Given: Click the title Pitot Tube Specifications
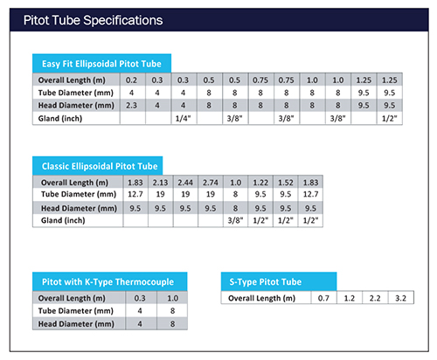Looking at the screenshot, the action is pyautogui.click(x=93, y=20).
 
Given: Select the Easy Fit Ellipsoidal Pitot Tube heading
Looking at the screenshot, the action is pyautogui.click(x=101, y=64).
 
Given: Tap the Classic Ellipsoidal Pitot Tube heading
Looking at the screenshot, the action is pyautogui.click(x=100, y=166).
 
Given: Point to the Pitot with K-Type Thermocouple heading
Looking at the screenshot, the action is pyautogui.click(x=108, y=282).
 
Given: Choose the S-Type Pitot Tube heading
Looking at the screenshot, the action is pyautogui.click(x=266, y=282).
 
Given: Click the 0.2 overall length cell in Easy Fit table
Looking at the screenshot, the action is pyautogui.click(x=131, y=80).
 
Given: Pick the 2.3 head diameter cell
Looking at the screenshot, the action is pyautogui.click(x=131, y=105).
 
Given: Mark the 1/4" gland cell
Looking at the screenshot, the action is pyautogui.click(x=183, y=119).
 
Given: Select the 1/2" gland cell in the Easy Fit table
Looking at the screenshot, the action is pyautogui.click(x=390, y=119).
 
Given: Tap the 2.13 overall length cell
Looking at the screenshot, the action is pyautogui.click(x=160, y=183).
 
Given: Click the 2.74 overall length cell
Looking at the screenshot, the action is pyautogui.click(x=211, y=183).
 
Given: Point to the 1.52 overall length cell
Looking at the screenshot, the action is pyautogui.click(x=286, y=183).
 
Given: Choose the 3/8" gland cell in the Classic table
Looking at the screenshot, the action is pyautogui.click(x=235, y=220).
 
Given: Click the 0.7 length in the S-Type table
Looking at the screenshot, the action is pyautogui.click(x=323, y=298).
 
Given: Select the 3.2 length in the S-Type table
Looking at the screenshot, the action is pyautogui.click(x=400, y=298).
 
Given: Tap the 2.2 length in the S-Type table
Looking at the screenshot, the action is pyautogui.click(x=375, y=298).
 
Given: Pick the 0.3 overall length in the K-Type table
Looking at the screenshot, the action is pyautogui.click(x=140, y=298).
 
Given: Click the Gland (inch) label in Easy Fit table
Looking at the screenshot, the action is pyautogui.click(x=60, y=119).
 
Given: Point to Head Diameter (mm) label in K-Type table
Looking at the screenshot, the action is pyautogui.click(x=76, y=324).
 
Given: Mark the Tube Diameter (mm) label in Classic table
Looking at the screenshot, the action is pyautogui.click(x=79, y=194).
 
